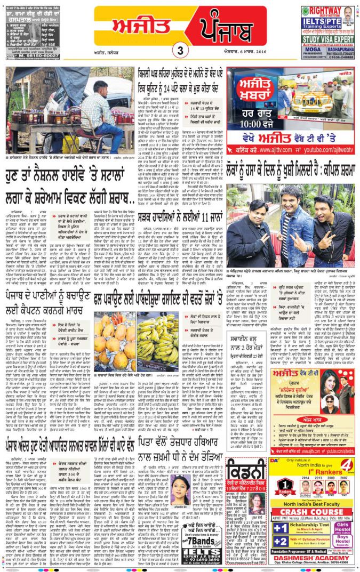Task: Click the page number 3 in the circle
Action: click(180, 51)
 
